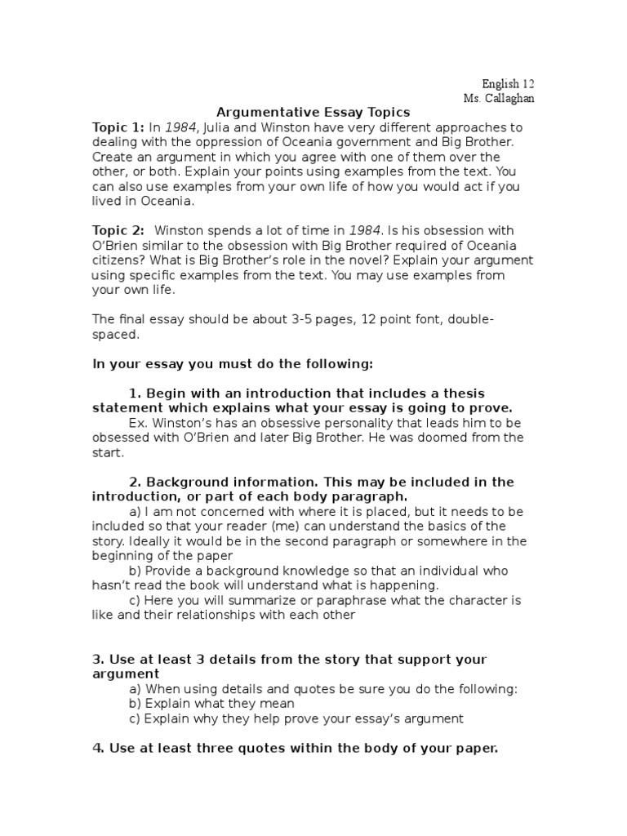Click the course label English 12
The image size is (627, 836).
point(508,84)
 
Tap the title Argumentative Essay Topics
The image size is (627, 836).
point(313,113)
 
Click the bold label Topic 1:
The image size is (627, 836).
point(118,127)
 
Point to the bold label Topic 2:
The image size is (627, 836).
point(118,231)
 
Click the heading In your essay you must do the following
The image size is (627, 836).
point(233,363)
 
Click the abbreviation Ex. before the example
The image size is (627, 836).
point(138,423)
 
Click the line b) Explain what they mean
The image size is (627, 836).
point(211,703)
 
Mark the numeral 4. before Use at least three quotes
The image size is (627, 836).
point(97,748)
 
